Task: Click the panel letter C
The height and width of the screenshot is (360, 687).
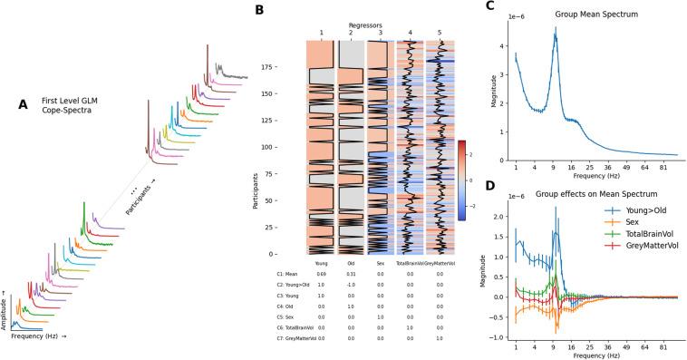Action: (x=490, y=7)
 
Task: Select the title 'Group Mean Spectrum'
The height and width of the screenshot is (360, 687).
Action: (x=593, y=16)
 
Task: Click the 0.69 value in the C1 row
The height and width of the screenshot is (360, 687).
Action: (x=322, y=273)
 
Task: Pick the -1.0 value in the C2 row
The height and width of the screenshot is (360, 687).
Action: (x=351, y=284)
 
